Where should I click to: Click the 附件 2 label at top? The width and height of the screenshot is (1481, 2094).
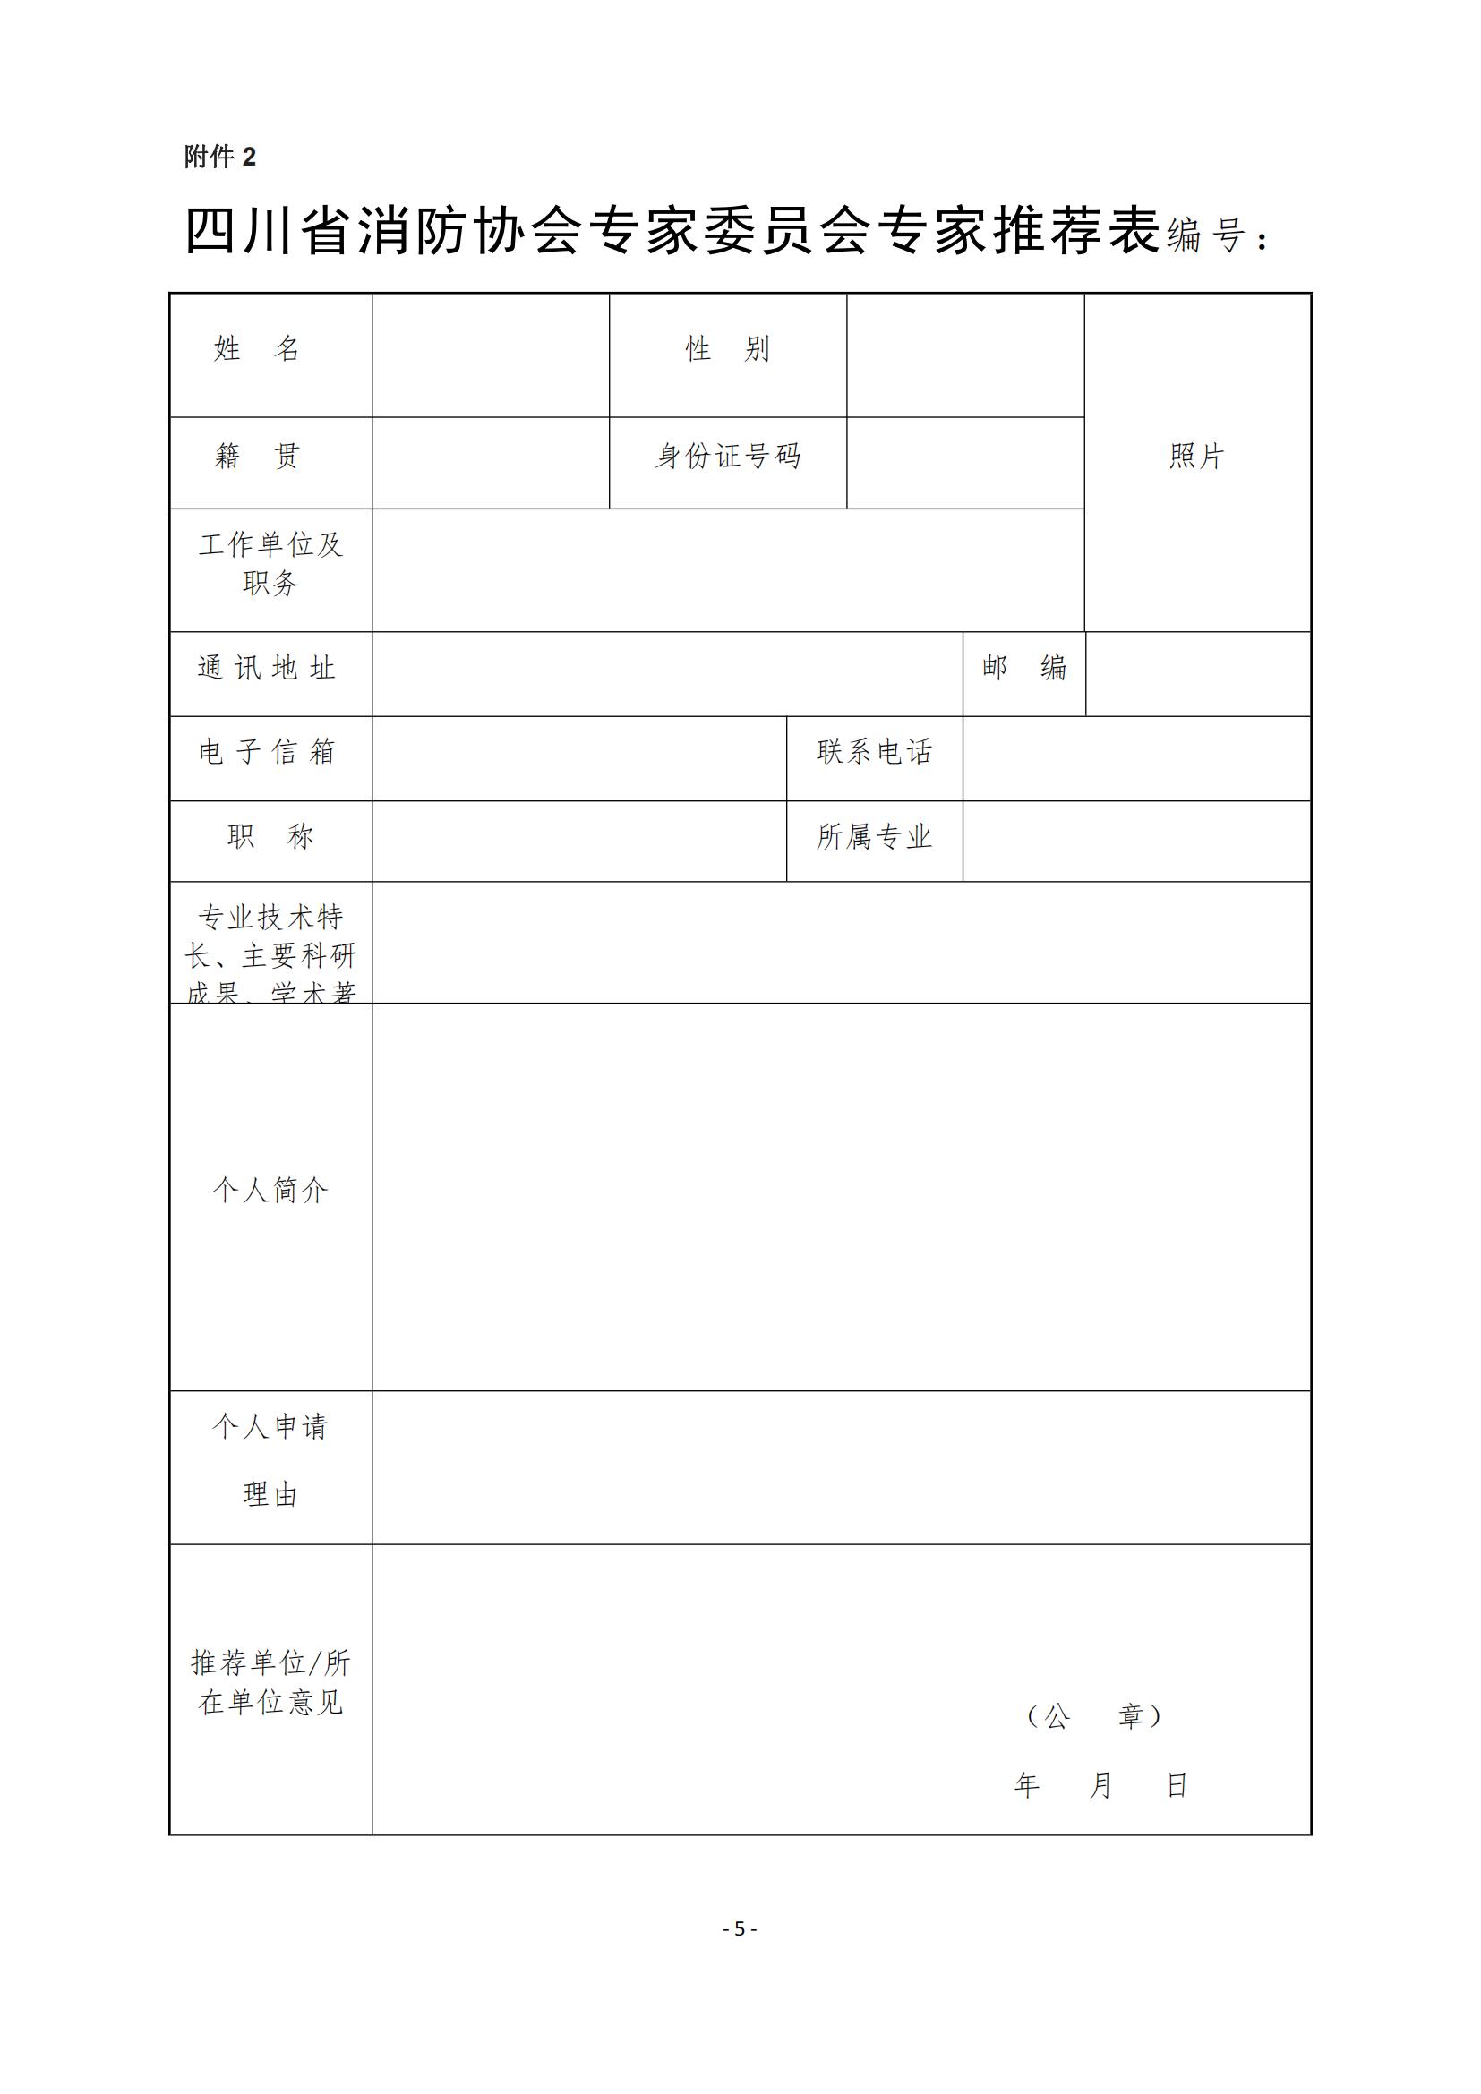click(219, 157)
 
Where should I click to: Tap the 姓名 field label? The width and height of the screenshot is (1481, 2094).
click(257, 348)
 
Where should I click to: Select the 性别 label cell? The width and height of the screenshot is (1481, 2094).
click(728, 348)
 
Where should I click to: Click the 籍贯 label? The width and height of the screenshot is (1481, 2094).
click(257, 455)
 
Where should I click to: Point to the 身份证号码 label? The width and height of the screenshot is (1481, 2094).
click(728, 455)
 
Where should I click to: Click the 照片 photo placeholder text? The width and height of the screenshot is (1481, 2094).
click(1196, 456)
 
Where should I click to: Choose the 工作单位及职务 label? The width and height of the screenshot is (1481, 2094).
click(270, 564)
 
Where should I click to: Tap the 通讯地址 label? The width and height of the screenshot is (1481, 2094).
click(267, 668)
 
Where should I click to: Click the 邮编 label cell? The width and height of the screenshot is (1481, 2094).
click(1024, 668)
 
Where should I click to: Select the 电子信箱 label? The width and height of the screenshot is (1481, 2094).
click(267, 751)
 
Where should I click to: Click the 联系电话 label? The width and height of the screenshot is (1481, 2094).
click(875, 751)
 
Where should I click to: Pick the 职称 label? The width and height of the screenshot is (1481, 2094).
click(270, 836)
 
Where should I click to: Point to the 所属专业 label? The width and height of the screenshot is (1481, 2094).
click(875, 836)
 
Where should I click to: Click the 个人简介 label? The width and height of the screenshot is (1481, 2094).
click(270, 1189)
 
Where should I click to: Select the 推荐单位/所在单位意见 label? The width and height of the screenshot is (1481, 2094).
click(270, 1682)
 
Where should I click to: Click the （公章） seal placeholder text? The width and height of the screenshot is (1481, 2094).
click(1093, 1716)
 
